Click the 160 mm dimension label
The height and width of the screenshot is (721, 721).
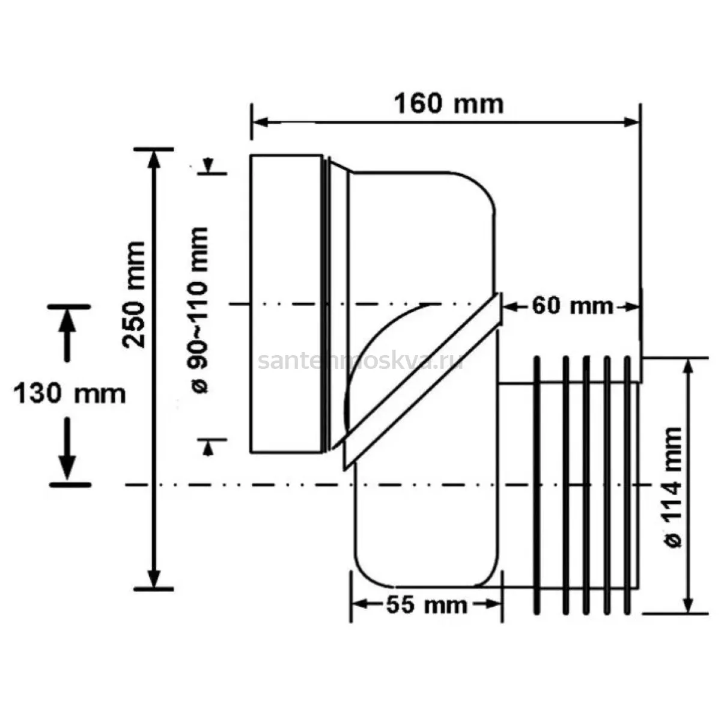pos(449,104)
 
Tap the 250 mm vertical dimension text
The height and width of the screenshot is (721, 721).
pos(134,295)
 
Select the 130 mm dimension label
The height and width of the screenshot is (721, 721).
pos(70,394)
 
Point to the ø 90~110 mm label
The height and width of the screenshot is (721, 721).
pos(197,310)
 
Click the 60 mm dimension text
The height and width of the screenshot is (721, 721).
pos(573,306)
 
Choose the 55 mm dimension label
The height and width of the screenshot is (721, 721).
pos(427,605)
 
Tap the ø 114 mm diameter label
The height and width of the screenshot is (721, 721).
pos(673,487)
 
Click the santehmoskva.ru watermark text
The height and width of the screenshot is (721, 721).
pos(361,361)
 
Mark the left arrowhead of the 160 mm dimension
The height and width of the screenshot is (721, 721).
pos(260,122)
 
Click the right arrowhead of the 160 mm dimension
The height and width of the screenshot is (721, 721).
pos(631,122)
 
